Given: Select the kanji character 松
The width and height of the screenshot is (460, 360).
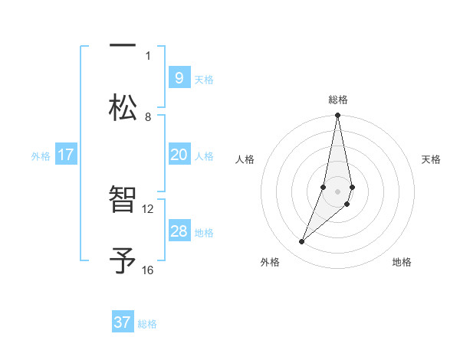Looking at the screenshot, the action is coord(123,107).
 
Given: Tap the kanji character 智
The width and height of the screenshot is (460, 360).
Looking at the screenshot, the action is coord(123,200).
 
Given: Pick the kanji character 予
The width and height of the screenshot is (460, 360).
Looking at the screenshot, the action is coord(123,260).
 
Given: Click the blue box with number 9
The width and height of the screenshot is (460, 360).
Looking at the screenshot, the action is coord(179,77).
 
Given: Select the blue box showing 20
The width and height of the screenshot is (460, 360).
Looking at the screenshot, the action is coord(179,155).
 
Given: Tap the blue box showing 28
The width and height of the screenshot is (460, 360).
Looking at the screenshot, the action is coord(179,231).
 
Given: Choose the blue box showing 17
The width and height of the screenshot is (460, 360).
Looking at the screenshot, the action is coord(65,155).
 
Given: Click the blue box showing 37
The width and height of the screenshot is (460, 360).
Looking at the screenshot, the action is coord(122,322).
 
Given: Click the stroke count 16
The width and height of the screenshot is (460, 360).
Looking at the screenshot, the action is coord(148,270).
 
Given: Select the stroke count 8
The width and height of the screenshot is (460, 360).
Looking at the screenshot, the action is coord(148,116).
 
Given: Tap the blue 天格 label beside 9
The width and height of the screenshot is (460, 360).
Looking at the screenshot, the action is coord(204,79).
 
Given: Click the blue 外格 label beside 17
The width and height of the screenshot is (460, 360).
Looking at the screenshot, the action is coord(41,156).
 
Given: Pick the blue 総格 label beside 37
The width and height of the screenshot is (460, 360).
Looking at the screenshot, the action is coord(147,324).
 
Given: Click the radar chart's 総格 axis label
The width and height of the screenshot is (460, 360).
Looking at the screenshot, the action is coord(337,100).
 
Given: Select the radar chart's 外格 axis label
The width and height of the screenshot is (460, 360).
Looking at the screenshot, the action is coord(270,262).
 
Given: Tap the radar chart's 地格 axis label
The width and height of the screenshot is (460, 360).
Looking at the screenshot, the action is coord(402,262).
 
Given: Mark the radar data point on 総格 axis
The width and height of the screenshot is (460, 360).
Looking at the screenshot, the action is coord(337,116).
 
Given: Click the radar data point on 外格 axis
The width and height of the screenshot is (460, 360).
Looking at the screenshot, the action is coord(301,242).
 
